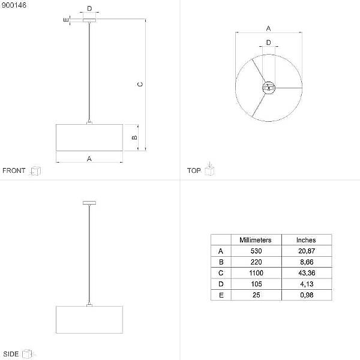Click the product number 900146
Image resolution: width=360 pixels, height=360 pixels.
(14, 5)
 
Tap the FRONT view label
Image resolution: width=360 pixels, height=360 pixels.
(14, 170)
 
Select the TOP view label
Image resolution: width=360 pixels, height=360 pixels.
(194, 170)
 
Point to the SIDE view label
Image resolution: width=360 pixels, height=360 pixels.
(11, 354)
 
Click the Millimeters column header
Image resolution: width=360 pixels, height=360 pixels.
(256, 240)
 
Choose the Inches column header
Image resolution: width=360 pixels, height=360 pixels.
(306, 240)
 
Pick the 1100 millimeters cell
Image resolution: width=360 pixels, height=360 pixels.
(256, 273)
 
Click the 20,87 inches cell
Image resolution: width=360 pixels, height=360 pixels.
(307, 251)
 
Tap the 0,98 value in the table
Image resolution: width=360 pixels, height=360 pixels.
(307, 295)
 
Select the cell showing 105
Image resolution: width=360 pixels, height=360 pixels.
(256, 284)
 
